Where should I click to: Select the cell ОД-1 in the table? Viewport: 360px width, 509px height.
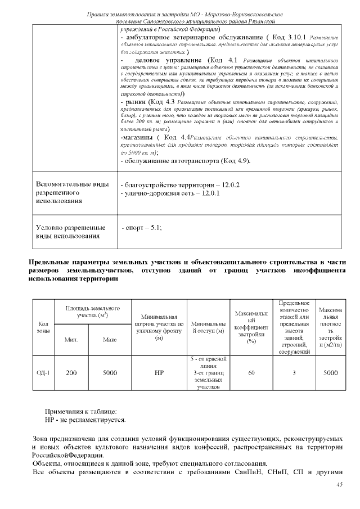pyautogui.click(x=43, y=372)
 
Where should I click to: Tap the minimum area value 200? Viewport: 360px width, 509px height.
pyautogui.click(x=71, y=372)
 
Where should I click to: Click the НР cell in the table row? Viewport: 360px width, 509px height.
pyautogui.click(x=159, y=372)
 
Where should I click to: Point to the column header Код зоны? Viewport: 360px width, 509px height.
pyautogui.click(x=43, y=327)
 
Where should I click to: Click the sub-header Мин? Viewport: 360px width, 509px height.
pyautogui.click(x=71, y=340)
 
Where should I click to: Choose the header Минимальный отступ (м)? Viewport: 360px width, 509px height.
pyautogui.click(x=208, y=327)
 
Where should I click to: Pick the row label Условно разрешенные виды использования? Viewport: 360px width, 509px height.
pyautogui.click(x=71, y=232)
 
